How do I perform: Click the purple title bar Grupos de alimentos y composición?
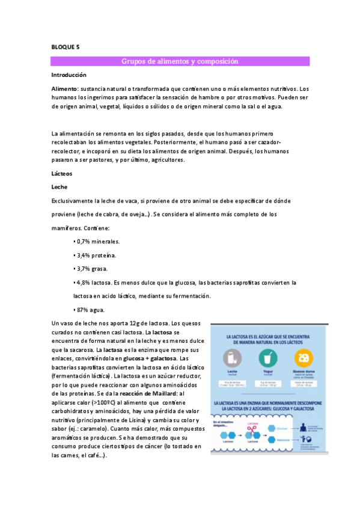180,61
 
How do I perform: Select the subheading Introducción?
69,75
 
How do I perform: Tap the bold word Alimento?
64,88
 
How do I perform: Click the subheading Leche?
59,186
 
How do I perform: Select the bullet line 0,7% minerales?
96,241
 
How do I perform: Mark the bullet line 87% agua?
89,310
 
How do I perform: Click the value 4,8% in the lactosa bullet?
82,283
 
